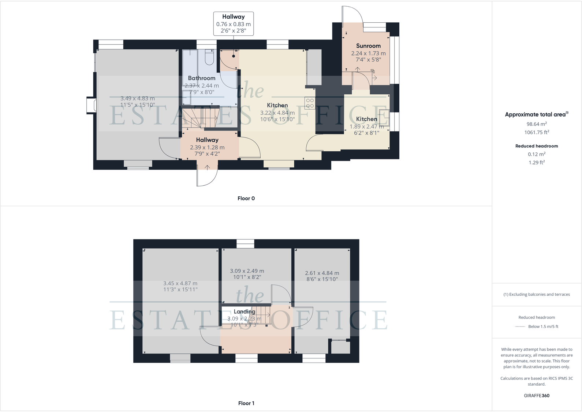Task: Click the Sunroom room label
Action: coord(368,46)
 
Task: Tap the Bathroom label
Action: coord(202,78)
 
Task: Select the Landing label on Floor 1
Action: coord(245,311)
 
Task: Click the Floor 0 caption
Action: coord(246,198)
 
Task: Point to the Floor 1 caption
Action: coord(246,403)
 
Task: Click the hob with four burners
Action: coord(310,103)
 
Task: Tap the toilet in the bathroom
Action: coord(209,58)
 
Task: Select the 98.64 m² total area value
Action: coord(537,124)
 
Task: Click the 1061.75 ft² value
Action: coord(537,132)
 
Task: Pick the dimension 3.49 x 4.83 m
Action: coord(138,98)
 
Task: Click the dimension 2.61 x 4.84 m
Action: coord(322,273)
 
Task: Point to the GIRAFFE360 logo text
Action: coord(537,396)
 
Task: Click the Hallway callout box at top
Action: coord(234,24)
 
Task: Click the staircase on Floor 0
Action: coord(199,118)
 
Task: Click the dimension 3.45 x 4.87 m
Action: coord(180,283)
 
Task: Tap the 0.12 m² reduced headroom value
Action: coord(537,154)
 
